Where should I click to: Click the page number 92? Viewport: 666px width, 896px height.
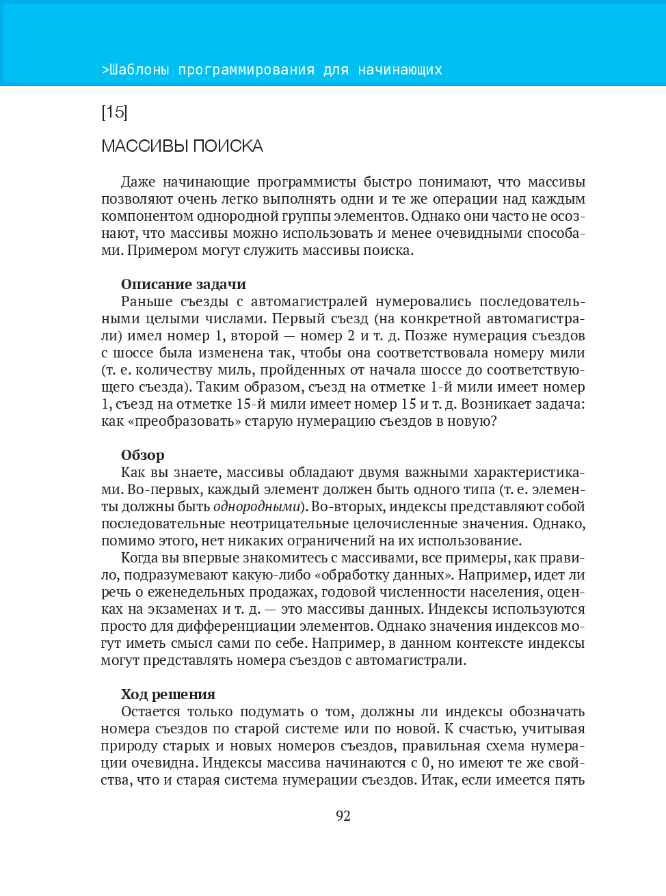tap(343, 815)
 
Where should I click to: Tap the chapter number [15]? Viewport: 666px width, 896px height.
tap(114, 112)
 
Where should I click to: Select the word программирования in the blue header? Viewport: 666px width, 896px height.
tap(246, 70)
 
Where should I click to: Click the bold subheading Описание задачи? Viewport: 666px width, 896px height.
tap(183, 284)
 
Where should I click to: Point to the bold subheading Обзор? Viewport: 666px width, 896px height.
tap(142, 455)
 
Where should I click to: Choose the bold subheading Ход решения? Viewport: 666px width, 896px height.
tap(168, 694)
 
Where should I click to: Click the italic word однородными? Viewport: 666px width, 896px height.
tap(257, 506)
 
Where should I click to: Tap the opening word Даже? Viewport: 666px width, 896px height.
tap(138, 182)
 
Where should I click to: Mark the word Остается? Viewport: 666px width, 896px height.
tap(150, 711)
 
